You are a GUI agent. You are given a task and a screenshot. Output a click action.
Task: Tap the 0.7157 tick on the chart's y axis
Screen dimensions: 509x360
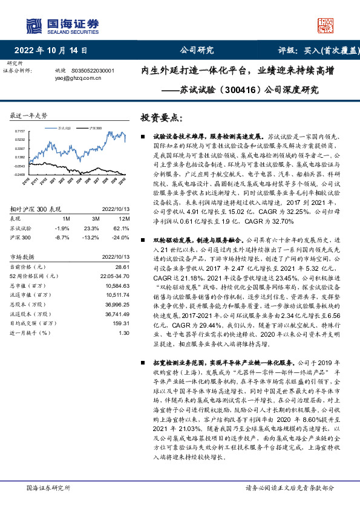(19, 131)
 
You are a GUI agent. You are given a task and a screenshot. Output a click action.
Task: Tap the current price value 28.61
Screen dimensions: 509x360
(123, 267)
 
